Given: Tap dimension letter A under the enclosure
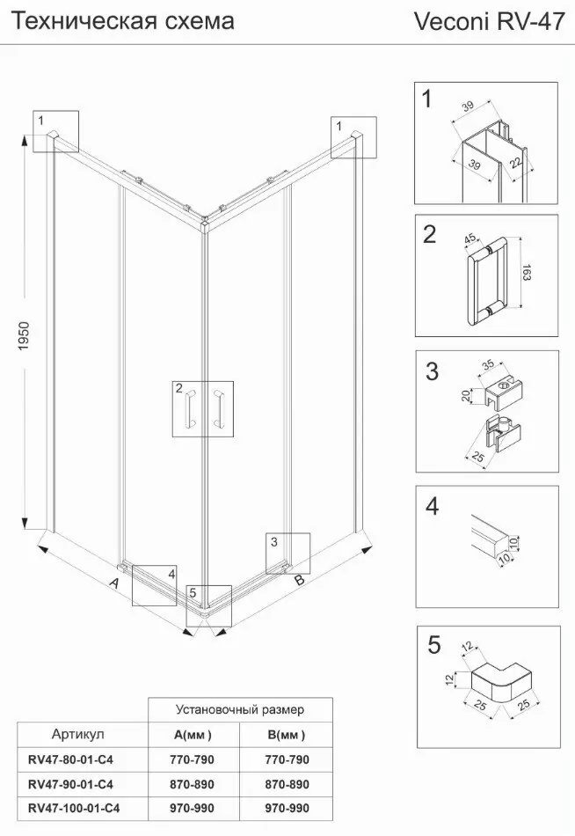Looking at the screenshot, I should click(x=113, y=583).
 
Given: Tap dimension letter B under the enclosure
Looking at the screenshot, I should click(x=299, y=580).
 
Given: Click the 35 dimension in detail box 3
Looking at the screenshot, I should click(x=490, y=364).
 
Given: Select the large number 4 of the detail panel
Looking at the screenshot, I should click(x=431, y=508).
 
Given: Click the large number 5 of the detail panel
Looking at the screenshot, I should click(x=432, y=645).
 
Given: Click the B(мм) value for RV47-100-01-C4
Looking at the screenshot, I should click(x=286, y=808).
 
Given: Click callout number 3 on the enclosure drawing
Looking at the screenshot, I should click(x=274, y=540).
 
